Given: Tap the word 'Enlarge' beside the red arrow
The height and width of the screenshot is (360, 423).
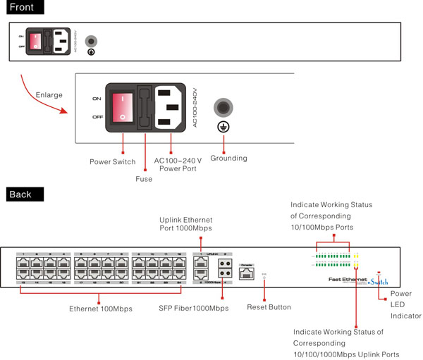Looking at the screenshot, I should tap(48, 94).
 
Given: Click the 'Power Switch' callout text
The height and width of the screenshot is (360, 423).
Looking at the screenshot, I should tap(113, 162).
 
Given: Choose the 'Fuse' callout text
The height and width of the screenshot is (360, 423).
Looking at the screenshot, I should tap(144, 179).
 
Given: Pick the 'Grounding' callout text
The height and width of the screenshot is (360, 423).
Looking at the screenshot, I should tap(230, 159).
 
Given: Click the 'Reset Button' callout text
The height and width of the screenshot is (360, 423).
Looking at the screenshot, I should tap(269, 307).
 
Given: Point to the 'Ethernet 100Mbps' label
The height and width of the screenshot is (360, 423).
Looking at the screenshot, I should tap(101, 309).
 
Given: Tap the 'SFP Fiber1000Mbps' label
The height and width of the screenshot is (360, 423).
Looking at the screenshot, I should tap(194, 309).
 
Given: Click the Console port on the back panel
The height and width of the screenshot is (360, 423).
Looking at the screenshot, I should tap(246, 273).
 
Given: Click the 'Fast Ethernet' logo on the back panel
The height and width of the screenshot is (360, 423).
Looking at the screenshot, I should tap(347, 280).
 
